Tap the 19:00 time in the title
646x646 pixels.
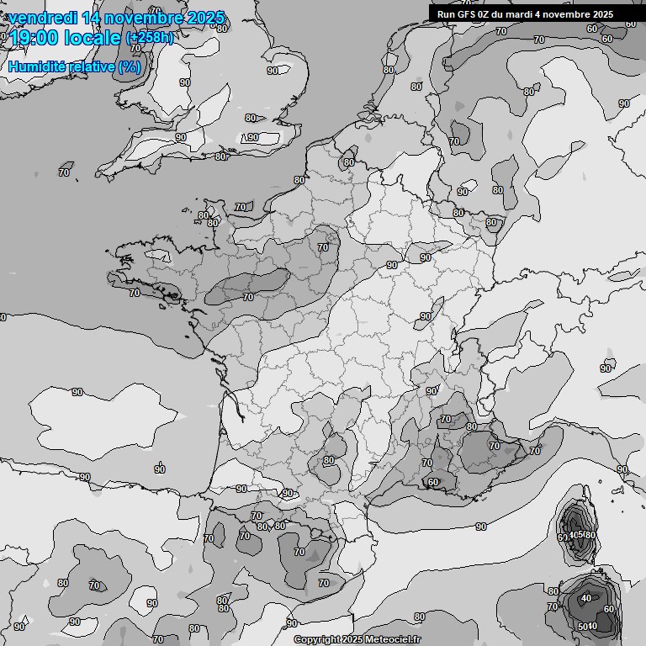(x=34, y=38)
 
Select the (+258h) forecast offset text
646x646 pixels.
(x=150, y=38)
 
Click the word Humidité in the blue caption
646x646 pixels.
(x=40, y=66)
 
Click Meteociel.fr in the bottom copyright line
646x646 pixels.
(x=392, y=639)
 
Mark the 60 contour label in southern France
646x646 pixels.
(x=432, y=482)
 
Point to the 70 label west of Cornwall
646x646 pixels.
(x=64, y=172)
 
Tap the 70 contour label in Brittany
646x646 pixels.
(x=135, y=293)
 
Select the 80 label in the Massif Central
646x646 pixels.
(x=328, y=460)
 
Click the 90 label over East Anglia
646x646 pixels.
(x=252, y=138)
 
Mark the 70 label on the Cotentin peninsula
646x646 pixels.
(x=241, y=206)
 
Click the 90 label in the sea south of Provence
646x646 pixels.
(x=480, y=527)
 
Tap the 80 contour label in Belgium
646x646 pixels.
(x=349, y=162)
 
